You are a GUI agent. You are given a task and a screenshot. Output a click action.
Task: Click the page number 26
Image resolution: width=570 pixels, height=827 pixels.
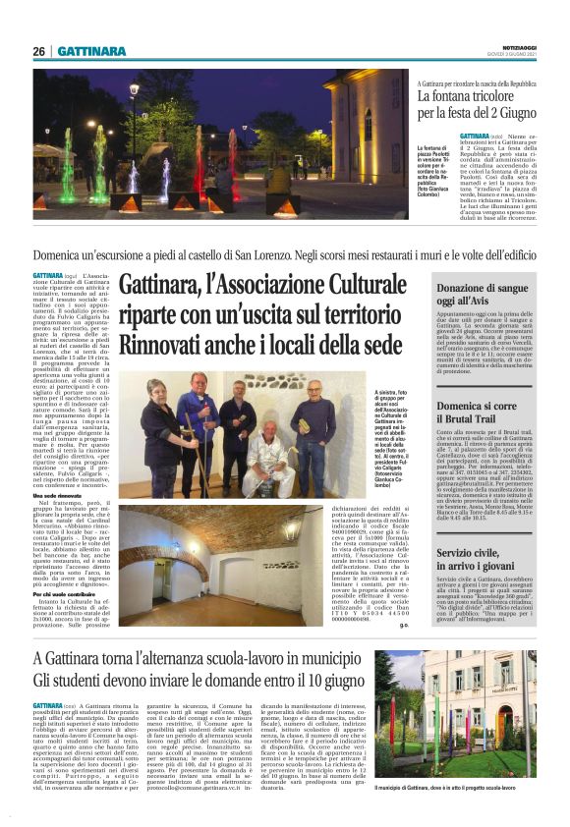point(38,51)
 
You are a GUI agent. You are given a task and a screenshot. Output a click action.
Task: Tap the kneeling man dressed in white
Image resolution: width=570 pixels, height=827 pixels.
point(264,456)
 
